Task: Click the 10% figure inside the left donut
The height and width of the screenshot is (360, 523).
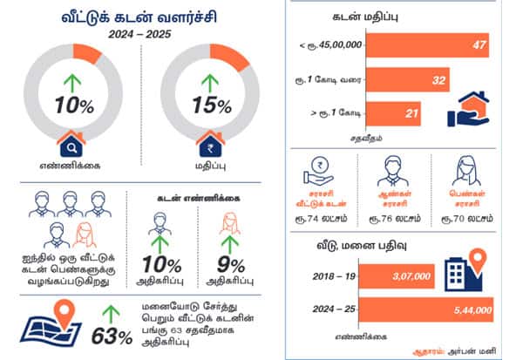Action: click(x=72, y=106)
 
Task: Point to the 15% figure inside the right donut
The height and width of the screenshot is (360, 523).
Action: click(x=212, y=106)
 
